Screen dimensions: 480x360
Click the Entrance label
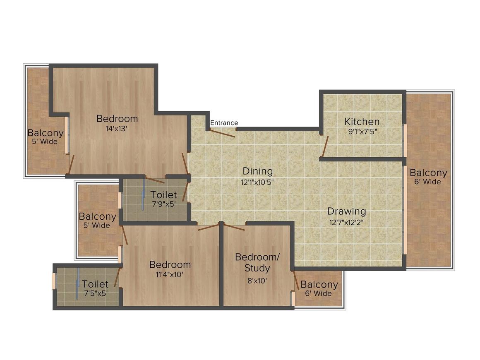pos(224,123)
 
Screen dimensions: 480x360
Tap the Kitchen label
pos(362,122)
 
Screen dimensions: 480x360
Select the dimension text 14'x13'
pos(116,129)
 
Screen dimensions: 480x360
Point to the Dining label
pos(257,171)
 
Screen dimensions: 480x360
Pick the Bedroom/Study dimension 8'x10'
pos(257,281)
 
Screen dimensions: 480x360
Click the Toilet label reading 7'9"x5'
pos(164,195)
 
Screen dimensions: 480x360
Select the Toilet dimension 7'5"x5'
pos(96,293)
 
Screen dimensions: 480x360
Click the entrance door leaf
pos(222,133)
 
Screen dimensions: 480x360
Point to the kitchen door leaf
pos(324,146)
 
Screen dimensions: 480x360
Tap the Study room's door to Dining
pos(234,227)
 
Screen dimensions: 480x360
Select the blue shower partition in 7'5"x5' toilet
pos(78,283)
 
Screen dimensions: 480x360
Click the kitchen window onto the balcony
pos(405,141)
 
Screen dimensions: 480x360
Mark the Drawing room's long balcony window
pos(405,210)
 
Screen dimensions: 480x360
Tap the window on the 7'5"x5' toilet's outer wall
pos(54,281)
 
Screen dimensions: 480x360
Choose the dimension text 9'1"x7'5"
pos(362,132)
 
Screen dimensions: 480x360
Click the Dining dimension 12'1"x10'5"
pos(257,182)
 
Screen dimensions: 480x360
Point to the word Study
pos(257,268)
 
